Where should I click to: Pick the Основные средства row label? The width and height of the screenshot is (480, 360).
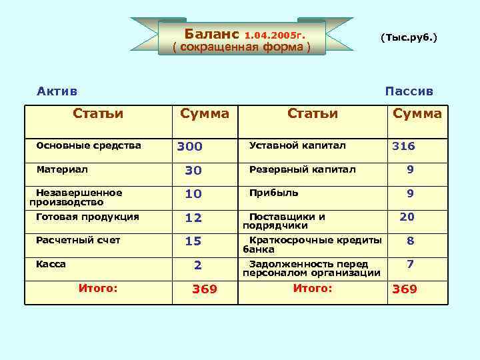[x=89, y=145]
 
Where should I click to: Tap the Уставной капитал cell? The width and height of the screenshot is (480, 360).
[x=297, y=145]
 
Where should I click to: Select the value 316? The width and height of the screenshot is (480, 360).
[x=403, y=146]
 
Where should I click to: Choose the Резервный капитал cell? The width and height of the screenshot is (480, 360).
[x=303, y=169]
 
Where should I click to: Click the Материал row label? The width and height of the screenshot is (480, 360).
[x=62, y=169]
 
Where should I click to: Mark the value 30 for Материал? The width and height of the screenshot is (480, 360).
[x=193, y=171]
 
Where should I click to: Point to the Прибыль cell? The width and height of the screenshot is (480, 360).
[x=273, y=193]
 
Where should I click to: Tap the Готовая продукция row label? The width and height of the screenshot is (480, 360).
[x=87, y=217]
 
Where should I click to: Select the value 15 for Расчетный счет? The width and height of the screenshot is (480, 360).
[x=193, y=241]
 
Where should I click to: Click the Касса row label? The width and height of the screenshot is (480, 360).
[x=51, y=264]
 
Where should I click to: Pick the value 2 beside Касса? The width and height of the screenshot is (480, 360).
[x=197, y=265]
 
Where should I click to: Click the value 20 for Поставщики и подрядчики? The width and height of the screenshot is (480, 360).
[x=407, y=217]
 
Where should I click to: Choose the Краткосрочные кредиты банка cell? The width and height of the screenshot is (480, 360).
[x=312, y=245]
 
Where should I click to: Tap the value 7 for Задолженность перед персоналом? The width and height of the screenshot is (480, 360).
[x=410, y=264]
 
